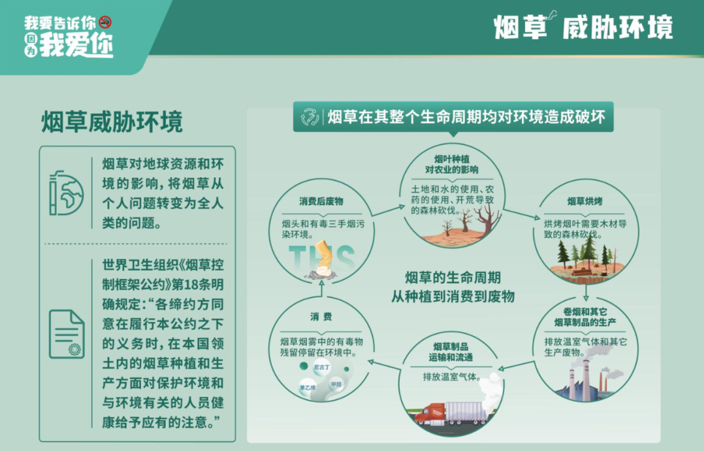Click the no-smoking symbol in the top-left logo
(106, 22)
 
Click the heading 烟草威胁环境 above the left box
(112, 122)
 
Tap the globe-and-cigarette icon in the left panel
(66, 193)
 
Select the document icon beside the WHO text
(67, 334)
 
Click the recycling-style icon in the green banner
(310, 117)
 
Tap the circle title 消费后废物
(321, 202)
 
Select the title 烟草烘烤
(584, 201)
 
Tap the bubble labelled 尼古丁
(321, 367)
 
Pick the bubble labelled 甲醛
(336, 384)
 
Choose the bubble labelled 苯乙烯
(308, 387)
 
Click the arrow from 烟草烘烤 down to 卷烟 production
(586, 292)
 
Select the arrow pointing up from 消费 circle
(321, 290)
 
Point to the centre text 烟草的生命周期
(453, 278)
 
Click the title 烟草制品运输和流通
(451, 352)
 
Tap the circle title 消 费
(321, 317)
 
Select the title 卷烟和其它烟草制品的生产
(585, 317)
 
